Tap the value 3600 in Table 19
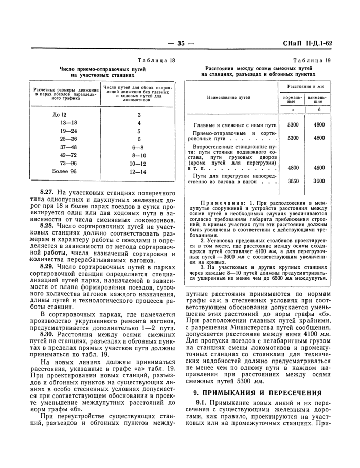point(319,181)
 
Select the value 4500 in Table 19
point(319,168)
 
